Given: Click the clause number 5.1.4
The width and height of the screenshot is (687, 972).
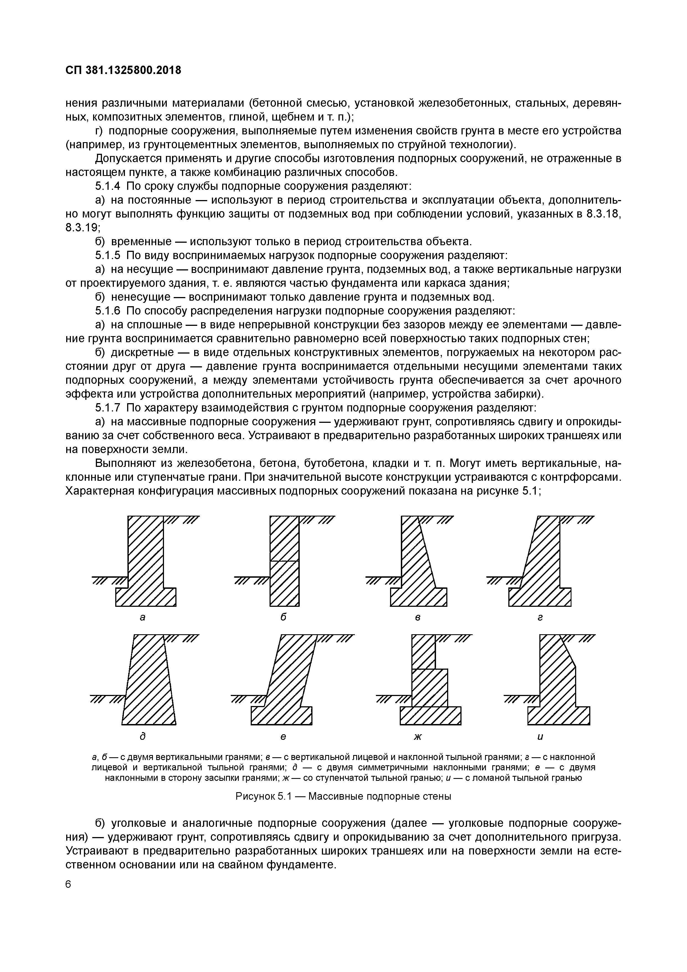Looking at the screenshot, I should pos(107,186).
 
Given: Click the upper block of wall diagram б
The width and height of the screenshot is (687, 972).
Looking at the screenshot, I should pos(284,538).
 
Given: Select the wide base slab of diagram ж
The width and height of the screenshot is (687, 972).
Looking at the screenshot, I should pos(430,715).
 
